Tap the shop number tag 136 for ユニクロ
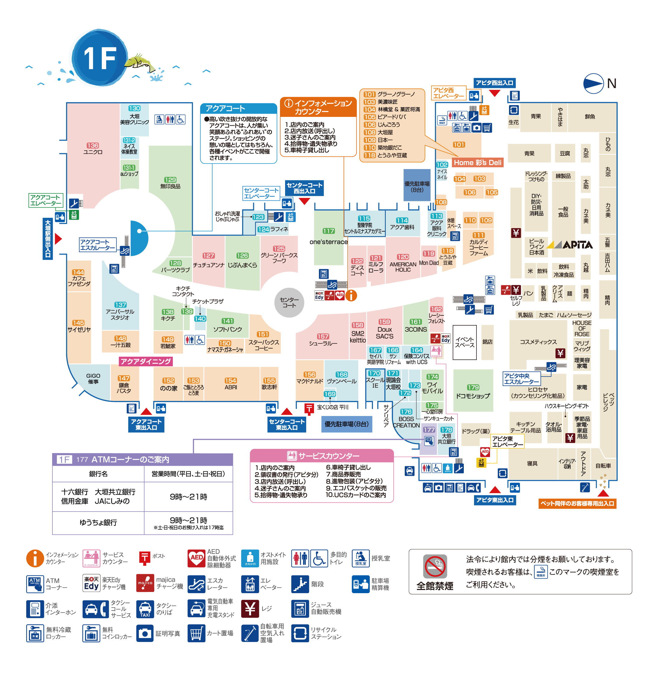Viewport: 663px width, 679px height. pos(93,145)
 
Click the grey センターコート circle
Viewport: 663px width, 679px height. pos(289,302)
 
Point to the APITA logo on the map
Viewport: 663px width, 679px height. pos(570,245)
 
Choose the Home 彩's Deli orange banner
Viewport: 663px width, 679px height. pos(477,163)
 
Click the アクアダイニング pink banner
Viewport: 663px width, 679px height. pos(146,361)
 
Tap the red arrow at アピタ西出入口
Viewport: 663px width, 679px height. pos(495,93)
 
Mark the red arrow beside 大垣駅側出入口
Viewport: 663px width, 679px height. pos(58,239)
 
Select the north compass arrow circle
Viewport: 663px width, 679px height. pos(593,83)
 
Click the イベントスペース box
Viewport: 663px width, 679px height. pos(464,343)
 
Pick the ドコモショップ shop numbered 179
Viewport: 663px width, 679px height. pos(473,392)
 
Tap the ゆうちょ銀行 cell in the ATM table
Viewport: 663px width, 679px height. pos(98,522)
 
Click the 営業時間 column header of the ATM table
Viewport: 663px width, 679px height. pos(188,474)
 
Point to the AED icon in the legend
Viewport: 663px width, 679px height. pos(196,558)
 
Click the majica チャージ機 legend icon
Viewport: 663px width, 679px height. pos(145,583)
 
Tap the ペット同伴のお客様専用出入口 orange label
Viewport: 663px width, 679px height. pos(577,504)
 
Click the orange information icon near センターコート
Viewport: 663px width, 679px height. pos(351,296)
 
